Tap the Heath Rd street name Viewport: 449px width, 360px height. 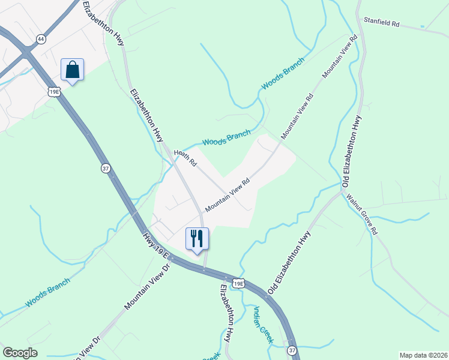coord(185,158)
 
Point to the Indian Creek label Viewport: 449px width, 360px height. coord(264,325)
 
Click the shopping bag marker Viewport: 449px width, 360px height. coord(72,70)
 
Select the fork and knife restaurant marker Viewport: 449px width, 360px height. coord(197,239)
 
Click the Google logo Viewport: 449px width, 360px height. coord(20,353)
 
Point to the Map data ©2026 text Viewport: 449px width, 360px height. coord(423,355)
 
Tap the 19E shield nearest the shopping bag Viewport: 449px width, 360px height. coord(53,91)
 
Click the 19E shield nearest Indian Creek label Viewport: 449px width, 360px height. coord(238,283)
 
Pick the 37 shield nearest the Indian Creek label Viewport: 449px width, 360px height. coord(292,350)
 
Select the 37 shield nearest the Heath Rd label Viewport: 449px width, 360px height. coord(106,169)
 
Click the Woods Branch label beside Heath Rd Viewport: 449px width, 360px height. coord(226,138)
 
